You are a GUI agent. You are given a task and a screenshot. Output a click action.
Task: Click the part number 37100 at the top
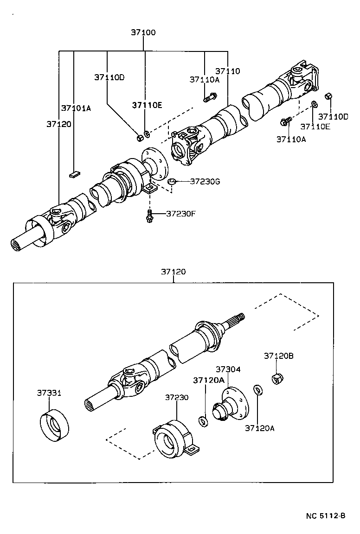click(143, 33)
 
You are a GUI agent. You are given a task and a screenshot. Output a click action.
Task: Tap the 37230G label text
click(205, 181)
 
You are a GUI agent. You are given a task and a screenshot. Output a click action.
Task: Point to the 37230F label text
click(181, 214)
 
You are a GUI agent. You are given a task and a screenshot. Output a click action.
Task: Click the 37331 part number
click(49, 393)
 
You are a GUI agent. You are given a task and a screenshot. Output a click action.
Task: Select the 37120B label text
click(279, 356)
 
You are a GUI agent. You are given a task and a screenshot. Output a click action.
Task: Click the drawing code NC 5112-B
click(326, 516)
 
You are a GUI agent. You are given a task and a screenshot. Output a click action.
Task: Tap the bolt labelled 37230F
click(149, 216)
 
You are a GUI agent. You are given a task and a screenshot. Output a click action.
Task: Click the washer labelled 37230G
click(171, 181)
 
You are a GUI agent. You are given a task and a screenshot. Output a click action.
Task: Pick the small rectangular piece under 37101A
click(75, 174)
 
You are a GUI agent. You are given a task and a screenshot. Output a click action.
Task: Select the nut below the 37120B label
click(277, 378)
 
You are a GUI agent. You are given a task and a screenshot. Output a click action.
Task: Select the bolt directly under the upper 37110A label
click(209, 98)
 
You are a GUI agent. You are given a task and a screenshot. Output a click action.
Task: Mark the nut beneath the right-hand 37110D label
click(328, 96)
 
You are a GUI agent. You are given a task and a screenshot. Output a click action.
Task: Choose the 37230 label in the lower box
click(177, 397)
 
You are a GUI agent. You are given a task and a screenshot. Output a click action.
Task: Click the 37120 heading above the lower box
click(173, 272)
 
